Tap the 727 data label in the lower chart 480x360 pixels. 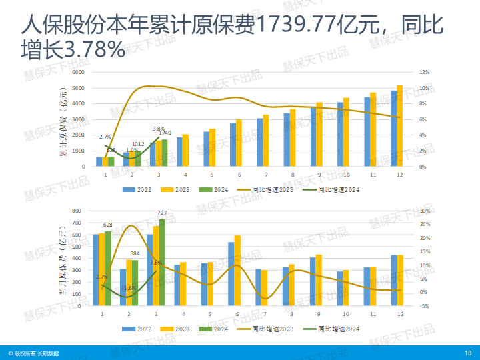coord(163,213)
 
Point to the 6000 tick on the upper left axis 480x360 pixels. coord(78,72)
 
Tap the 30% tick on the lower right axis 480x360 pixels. coord(425,211)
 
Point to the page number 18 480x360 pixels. coord(467,353)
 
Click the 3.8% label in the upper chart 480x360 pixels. coord(159,129)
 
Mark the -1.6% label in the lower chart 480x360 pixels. coord(129,288)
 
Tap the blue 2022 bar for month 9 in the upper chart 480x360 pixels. coord(313,137)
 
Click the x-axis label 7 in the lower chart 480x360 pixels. coord(265,313)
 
